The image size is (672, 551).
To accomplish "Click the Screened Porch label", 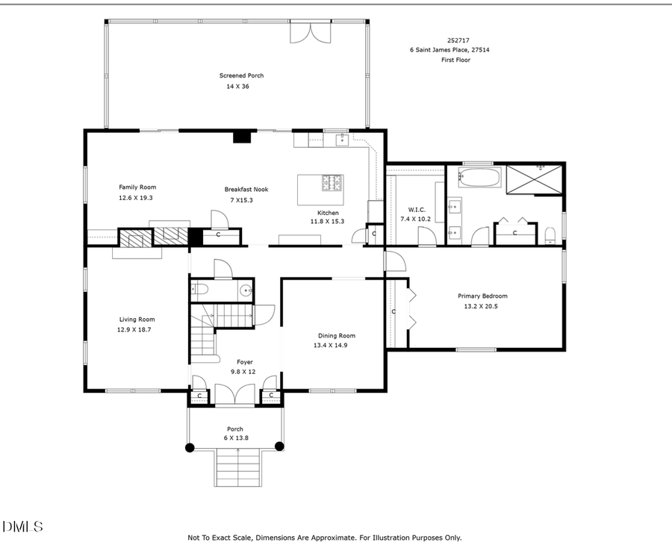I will coord(241,75).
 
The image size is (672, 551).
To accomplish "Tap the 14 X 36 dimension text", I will coord(237,87).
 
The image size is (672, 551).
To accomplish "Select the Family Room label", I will coord(137,187).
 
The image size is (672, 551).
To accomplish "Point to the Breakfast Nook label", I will coord(246,190).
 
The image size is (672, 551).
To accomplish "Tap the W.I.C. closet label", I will coord(417,209).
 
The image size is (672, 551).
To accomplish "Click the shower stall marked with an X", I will coord(535,179).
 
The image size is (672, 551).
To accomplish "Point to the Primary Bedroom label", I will coord(482,296).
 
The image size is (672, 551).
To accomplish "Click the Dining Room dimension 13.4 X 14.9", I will coord(330,346).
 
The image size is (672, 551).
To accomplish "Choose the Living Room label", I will coord(137,320).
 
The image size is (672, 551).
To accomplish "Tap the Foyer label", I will coord(245,362).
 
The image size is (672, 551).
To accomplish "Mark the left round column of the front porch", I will coord(190,447).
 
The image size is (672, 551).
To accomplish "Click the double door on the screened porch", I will coord(309,32).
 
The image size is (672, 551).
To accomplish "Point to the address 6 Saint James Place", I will coord(449,50).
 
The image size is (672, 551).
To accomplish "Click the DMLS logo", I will coord(23,527).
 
